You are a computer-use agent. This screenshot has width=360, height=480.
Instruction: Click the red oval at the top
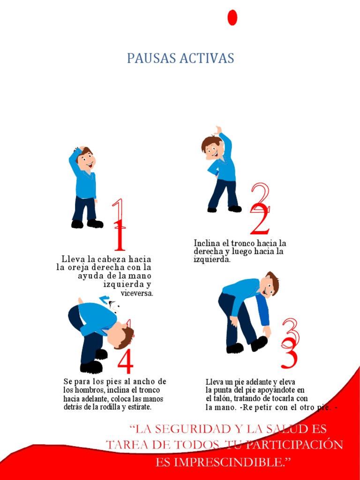tap(232, 17)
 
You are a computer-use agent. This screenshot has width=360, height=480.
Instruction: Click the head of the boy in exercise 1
tap(85, 159)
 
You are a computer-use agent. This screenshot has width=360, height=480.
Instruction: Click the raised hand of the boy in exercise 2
tap(218, 130)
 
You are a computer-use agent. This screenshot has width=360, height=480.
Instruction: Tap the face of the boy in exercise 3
tap(267, 287)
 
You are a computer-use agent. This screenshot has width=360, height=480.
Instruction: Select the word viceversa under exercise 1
tap(137, 293)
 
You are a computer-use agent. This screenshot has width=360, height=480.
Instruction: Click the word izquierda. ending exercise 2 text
tap(212, 260)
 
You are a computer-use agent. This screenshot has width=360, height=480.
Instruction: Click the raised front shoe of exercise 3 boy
tap(259, 343)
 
